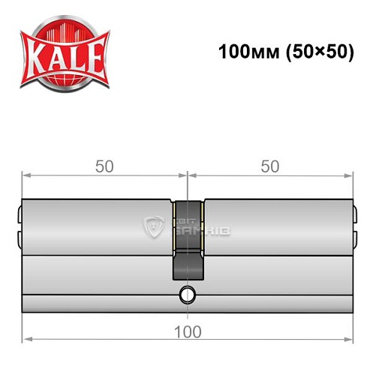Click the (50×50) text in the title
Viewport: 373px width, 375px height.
[x=314, y=53]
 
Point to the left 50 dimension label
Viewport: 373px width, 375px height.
[x=105, y=166]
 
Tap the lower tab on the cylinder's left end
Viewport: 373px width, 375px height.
[x=20, y=238]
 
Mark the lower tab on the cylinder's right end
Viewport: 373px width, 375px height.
[x=355, y=238]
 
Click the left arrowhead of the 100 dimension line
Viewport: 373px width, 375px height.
[x=26, y=340]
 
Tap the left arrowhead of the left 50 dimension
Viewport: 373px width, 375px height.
[x=26, y=175]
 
